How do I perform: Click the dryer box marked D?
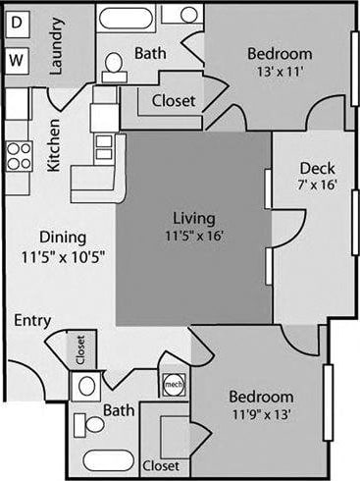17,24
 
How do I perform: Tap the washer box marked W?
17,60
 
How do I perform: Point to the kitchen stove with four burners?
18,154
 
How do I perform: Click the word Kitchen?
56,144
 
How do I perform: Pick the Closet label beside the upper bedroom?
173,100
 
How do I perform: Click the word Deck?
318,167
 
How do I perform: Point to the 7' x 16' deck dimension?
318,185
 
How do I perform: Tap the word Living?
193,218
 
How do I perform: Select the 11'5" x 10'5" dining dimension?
63,255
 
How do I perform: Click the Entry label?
33,320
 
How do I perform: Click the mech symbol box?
173,384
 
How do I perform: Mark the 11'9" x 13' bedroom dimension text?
260,414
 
